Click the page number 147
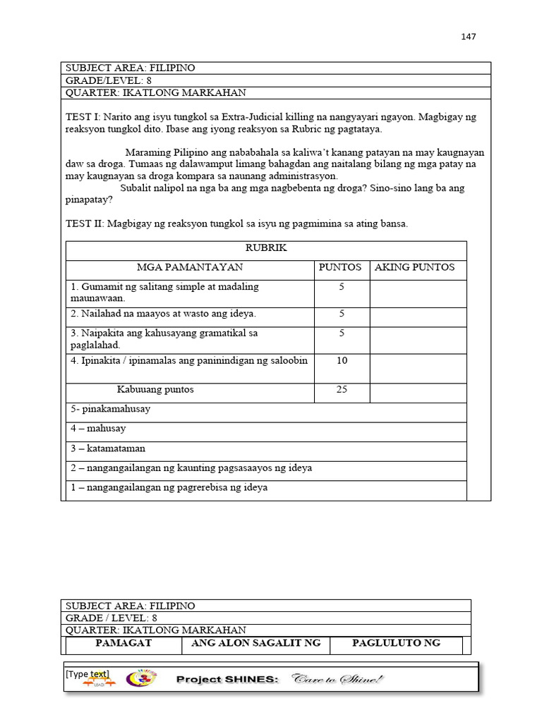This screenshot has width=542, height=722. (x=469, y=37)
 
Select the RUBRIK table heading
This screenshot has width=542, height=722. (x=266, y=248)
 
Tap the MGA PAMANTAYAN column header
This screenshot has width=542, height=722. (x=190, y=267)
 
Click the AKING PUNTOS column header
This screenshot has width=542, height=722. (x=414, y=267)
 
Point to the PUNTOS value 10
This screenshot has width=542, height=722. (x=342, y=360)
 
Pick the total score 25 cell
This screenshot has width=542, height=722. (x=342, y=389)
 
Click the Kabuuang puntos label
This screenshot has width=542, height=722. (x=155, y=389)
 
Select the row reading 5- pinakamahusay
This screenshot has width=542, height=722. (x=110, y=409)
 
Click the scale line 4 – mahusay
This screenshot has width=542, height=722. (x=98, y=429)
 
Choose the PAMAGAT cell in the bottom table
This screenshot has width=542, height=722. (x=124, y=643)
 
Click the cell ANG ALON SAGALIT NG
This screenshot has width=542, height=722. (x=256, y=643)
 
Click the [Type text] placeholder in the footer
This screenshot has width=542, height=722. (x=88, y=674)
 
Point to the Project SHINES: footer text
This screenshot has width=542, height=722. (x=227, y=680)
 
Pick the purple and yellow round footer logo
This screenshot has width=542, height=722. (x=138, y=678)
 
